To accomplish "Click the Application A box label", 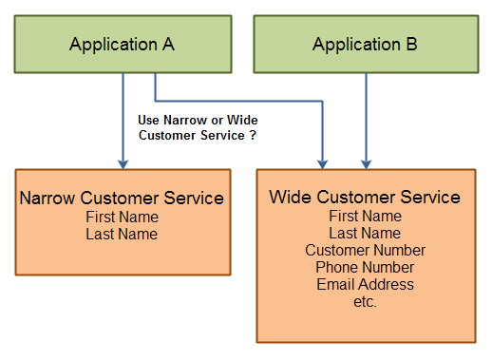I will pyautogui.click(x=122, y=45).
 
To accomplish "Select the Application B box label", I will pyautogui.click(x=365, y=45).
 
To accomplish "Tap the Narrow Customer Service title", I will pyautogui.click(x=122, y=199).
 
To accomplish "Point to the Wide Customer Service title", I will pyautogui.click(x=365, y=198).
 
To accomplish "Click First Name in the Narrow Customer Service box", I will pyautogui.click(x=122, y=217).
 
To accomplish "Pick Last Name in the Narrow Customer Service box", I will pyautogui.click(x=122, y=234).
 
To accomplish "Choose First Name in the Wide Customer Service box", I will pyautogui.click(x=365, y=217).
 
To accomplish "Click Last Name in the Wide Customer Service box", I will pyautogui.click(x=365, y=234).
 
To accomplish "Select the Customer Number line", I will pyautogui.click(x=365, y=251).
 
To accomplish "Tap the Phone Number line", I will pyautogui.click(x=365, y=268).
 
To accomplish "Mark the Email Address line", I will pyautogui.click(x=365, y=285).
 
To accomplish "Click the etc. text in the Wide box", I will pyautogui.click(x=365, y=302).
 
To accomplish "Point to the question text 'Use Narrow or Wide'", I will pyautogui.click(x=198, y=120).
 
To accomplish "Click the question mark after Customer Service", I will pyautogui.click(x=254, y=136).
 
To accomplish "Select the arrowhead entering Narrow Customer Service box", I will pyautogui.click(x=123, y=163).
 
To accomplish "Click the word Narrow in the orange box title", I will pyautogui.click(x=47, y=199).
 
